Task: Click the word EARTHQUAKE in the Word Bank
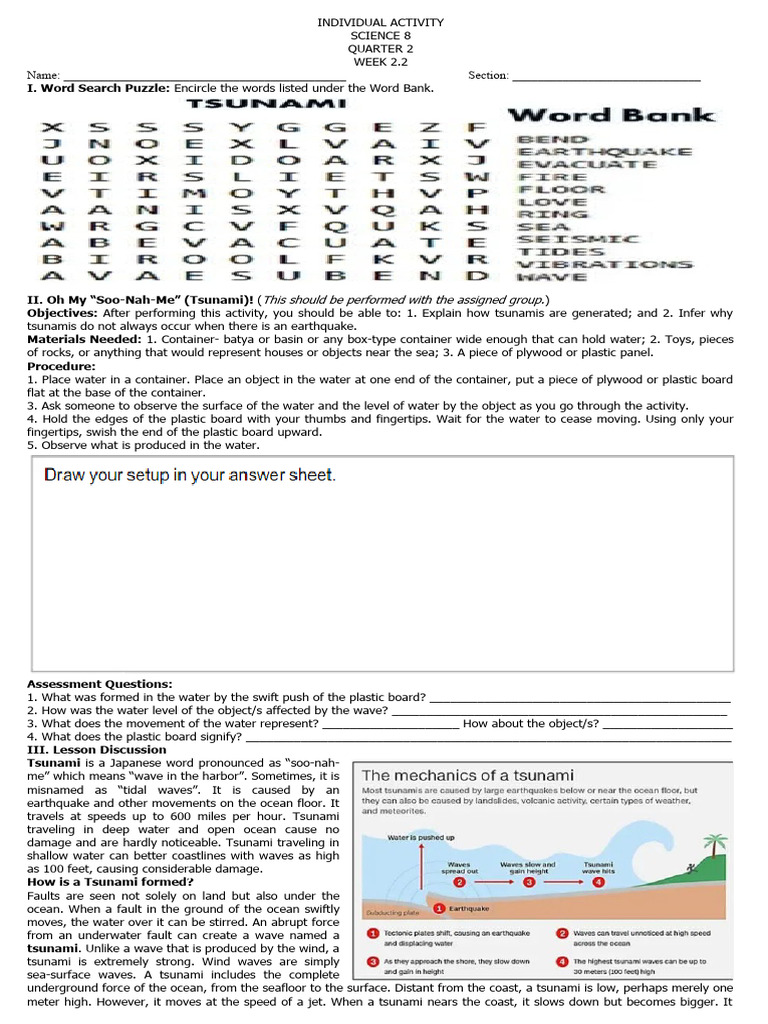(603, 152)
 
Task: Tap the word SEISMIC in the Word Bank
(578, 239)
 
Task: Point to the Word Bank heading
(611, 115)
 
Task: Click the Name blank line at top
(204, 77)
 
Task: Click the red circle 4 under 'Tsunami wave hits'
(598, 883)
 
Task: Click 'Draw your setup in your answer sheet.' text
(190, 475)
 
